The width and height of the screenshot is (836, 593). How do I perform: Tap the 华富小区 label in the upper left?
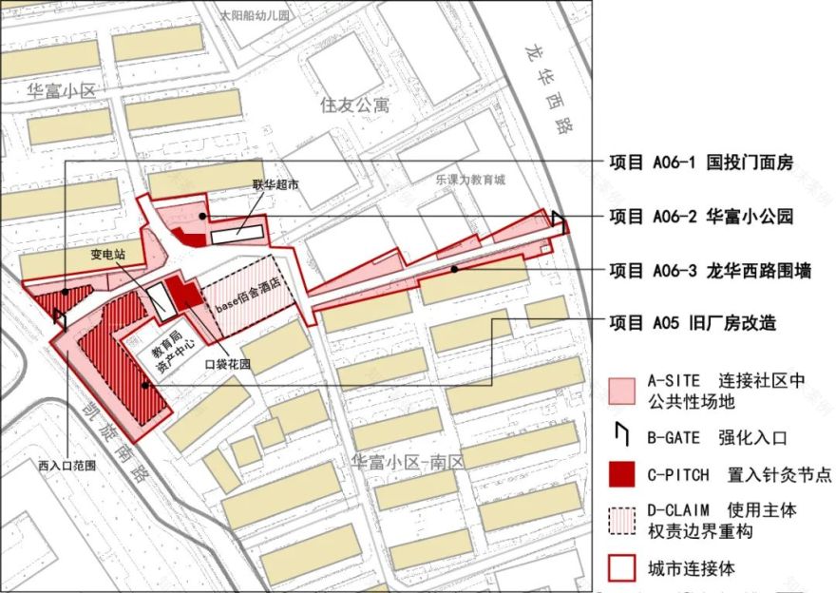62,91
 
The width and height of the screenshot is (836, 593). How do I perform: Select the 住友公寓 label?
354,105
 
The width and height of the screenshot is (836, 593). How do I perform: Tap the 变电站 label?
108,255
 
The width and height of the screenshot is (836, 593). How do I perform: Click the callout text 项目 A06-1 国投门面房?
700,161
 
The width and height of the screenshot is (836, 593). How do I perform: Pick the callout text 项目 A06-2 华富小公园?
700,217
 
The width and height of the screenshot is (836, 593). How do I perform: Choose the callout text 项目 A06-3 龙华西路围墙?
710,271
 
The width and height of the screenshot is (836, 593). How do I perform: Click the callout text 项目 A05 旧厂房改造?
692,323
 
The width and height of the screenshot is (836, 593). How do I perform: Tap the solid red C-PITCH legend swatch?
621,474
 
